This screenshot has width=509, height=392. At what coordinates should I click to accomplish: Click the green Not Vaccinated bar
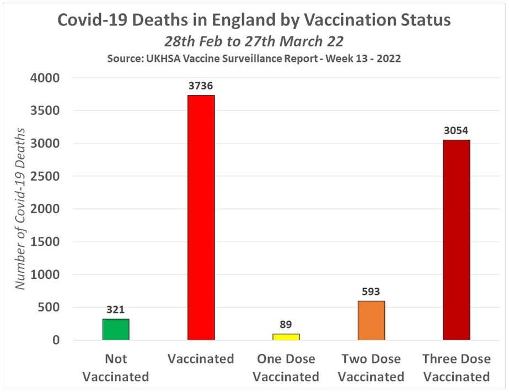click(116, 329)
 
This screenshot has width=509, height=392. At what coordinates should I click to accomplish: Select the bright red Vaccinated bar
click(201, 218)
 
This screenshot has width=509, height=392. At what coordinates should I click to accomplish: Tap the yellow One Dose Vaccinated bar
click(286, 336)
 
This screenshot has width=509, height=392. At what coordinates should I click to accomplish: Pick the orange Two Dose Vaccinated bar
click(371, 320)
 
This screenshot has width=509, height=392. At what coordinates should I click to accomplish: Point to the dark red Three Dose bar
click(456, 240)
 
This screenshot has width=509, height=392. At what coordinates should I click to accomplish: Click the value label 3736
click(201, 86)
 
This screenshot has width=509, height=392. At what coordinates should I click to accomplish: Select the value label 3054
click(456, 131)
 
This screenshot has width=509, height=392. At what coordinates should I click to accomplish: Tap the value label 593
click(371, 292)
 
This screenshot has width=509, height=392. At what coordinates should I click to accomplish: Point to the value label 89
click(286, 325)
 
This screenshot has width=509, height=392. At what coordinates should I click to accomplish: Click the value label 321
click(116, 310)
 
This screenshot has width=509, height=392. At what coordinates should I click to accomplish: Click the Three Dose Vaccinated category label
click(456, 368)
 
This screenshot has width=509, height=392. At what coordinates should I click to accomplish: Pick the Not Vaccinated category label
click(116, 368)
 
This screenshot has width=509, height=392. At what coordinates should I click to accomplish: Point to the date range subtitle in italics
click(254, 41)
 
